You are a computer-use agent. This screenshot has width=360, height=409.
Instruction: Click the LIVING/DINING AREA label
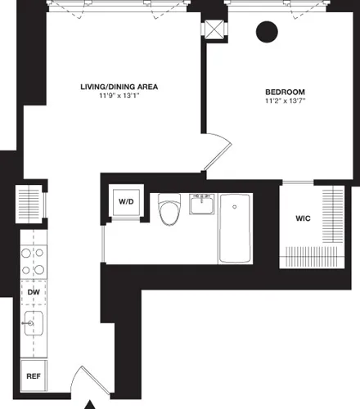click(x=119, y=86)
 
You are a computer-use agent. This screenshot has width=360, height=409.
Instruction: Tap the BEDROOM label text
click(x=285, y=91)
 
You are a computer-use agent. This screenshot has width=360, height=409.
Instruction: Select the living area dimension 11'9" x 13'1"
click(x=119, y=97)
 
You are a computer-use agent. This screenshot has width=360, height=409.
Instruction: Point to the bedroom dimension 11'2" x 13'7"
click(x=285, y=101)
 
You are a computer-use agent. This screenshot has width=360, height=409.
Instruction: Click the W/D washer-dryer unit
click(x=126, y=201)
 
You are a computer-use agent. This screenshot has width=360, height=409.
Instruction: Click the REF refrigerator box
click(x=34, y=377)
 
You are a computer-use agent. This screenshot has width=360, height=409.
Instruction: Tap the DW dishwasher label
click(x=34, y=292)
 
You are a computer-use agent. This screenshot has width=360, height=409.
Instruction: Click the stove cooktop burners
click(x=33, y=261)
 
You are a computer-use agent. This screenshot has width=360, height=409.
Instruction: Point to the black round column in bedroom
click(x=266, y=33)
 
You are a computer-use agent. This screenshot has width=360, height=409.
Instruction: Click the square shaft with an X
click(x=214, y=28)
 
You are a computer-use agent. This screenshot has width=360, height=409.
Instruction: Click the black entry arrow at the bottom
click(x=92, y=403)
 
